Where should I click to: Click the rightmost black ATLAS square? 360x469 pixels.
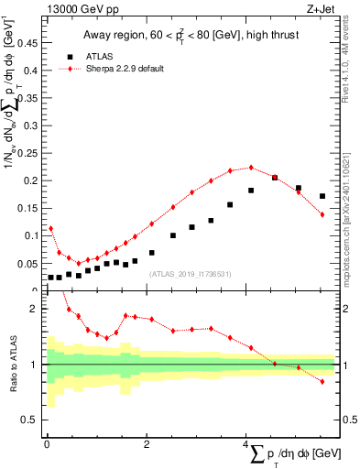coord(322,196)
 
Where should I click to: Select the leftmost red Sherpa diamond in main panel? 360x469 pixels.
coord(50,228)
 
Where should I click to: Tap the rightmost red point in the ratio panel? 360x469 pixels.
coord(322,381)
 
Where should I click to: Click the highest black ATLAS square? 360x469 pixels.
coord(275,178)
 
